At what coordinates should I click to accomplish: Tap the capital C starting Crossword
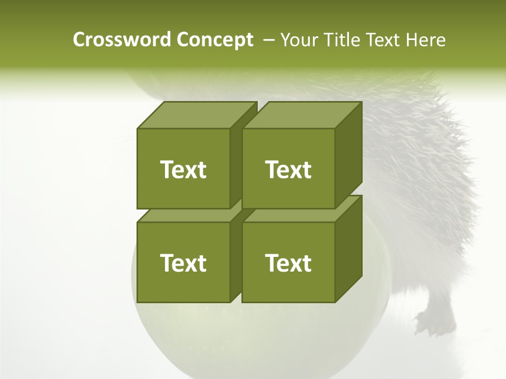(79, 40)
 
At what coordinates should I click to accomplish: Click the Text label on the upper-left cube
(183, 169)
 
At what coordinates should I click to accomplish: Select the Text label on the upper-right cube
(288, 169)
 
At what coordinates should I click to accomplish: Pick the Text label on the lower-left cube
(183, 263)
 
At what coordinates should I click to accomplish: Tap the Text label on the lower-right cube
(288, 263)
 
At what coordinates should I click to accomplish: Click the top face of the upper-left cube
(197, 115)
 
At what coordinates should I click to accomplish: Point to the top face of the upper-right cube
(301, 115)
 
